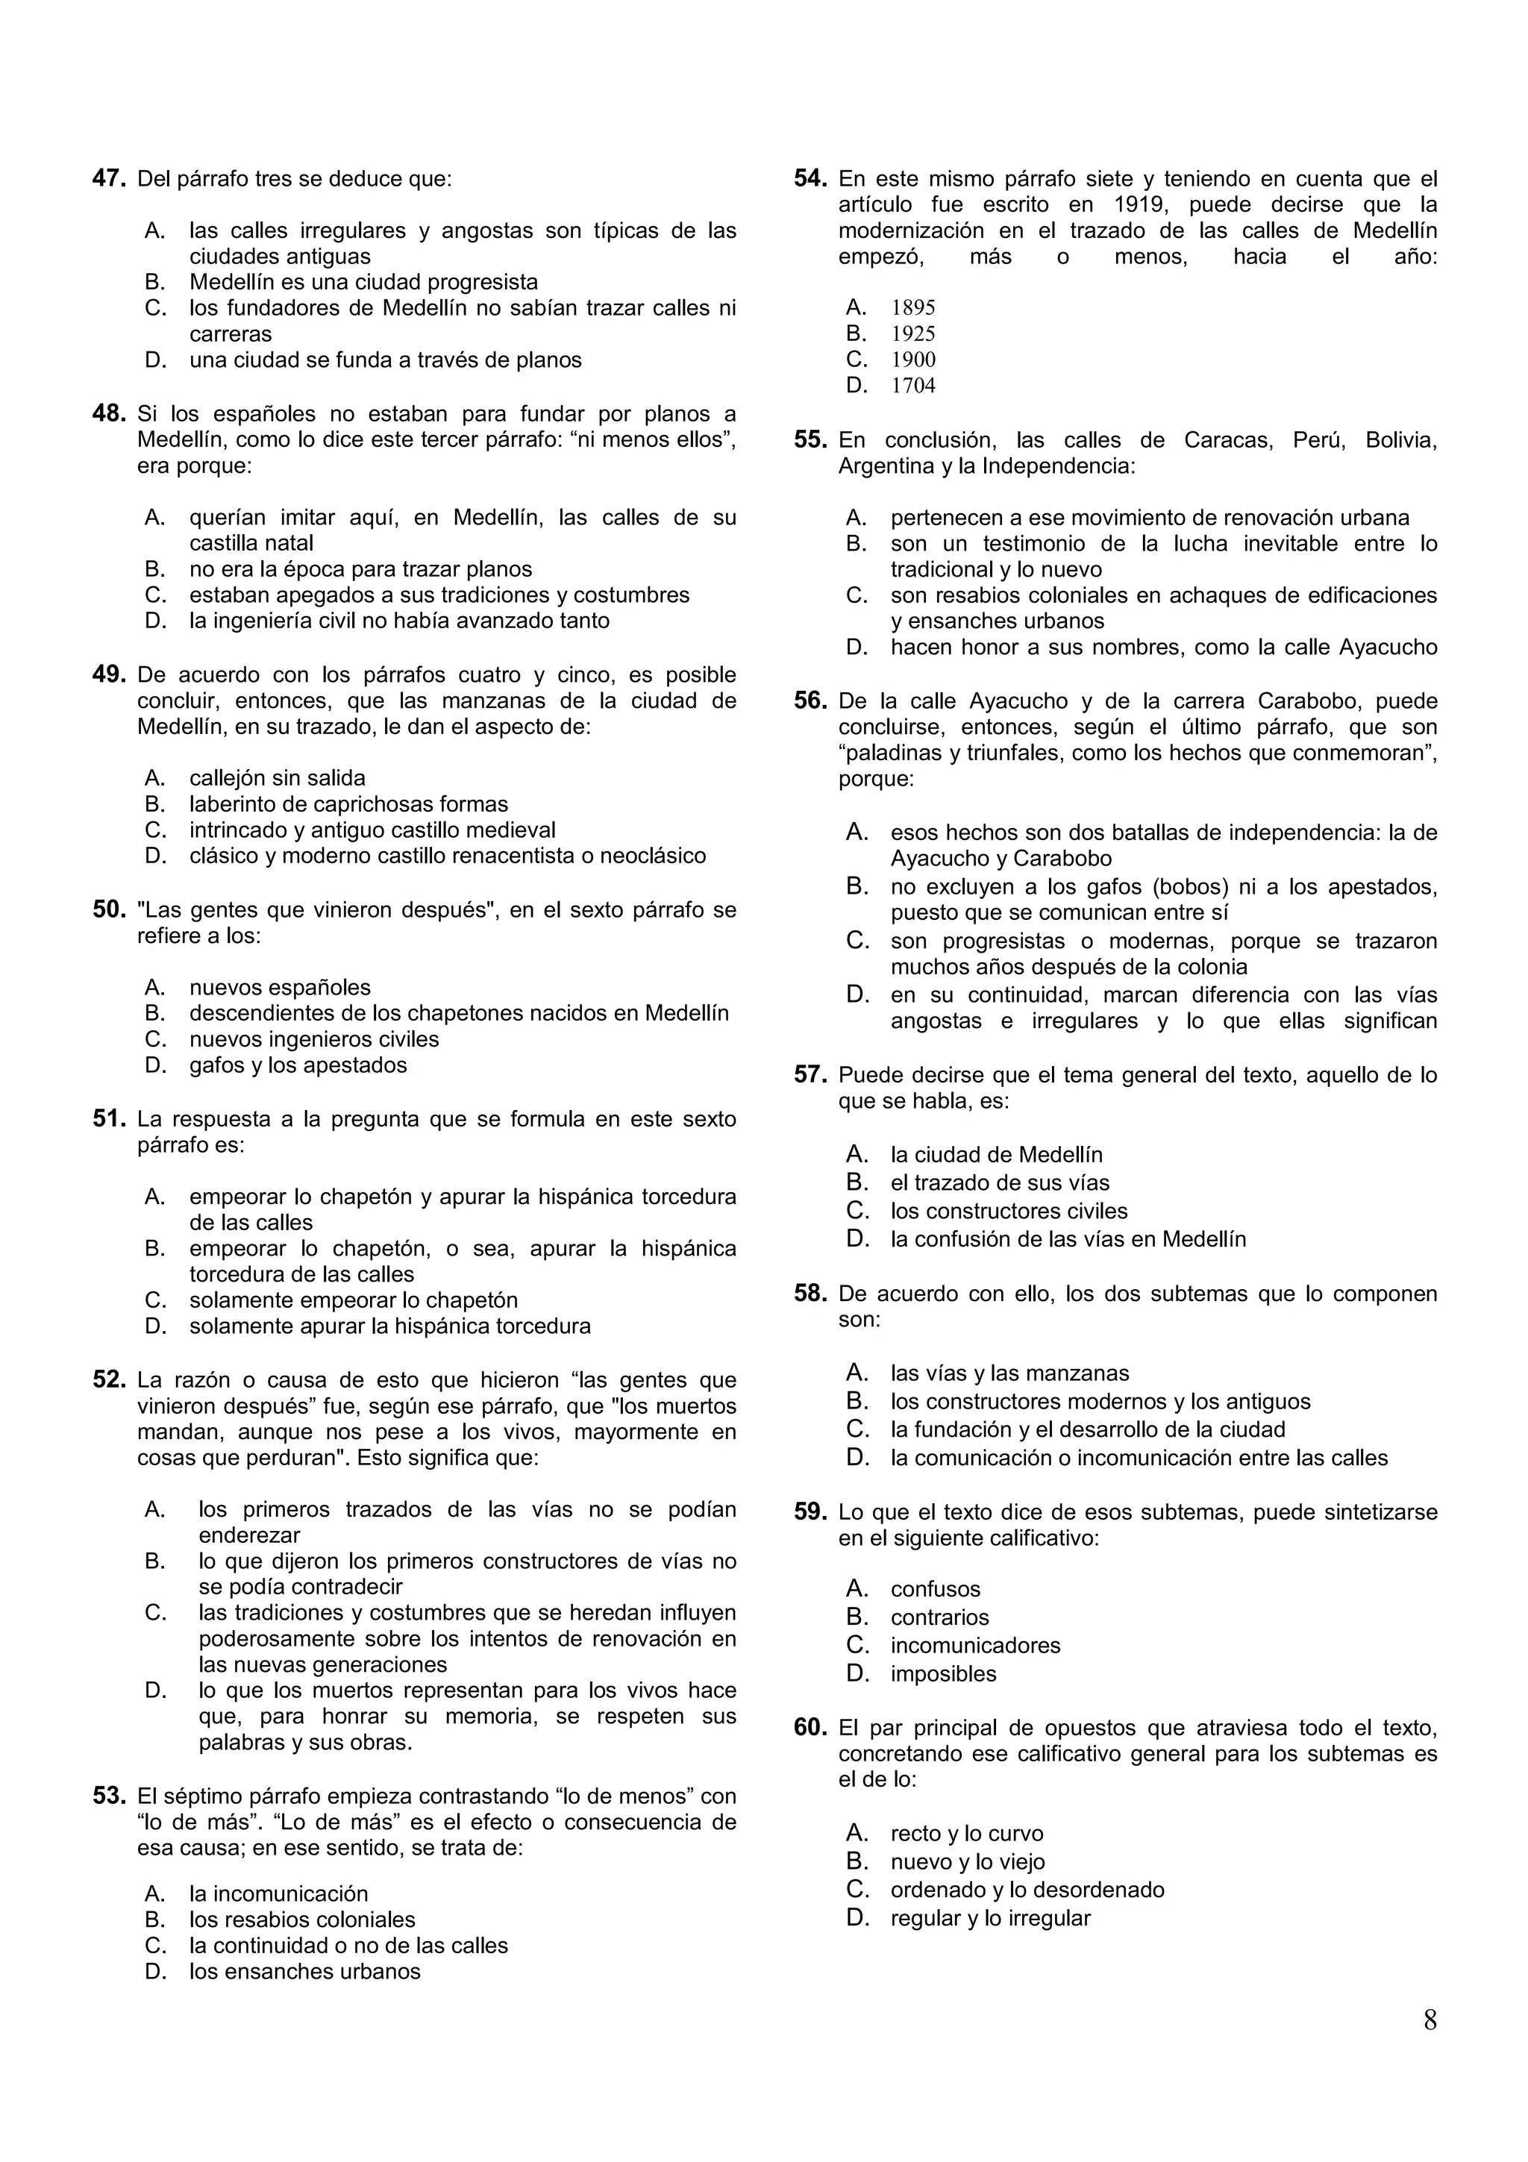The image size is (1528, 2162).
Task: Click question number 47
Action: tap(108, 178)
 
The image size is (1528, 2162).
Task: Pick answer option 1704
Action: tap(912, 385)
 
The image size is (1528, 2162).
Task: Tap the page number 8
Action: tap(1430, 2021)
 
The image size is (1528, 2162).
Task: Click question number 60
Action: tap(810, 1728)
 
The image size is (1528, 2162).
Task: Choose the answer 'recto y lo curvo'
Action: tap(967, 1833)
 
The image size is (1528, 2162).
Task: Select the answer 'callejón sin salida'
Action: tap(277, 778)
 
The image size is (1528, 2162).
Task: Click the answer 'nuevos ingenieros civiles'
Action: tap(313, 1038)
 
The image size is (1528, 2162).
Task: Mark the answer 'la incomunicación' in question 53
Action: tap(279, 1893)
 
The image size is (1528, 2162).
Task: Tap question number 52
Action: tap(108, 1379)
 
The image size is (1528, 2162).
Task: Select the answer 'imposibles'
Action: tap(942, 1673)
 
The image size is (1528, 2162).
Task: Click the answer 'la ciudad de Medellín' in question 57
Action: tap(996, 1154)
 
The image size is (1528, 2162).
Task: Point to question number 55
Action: tap(810, 439)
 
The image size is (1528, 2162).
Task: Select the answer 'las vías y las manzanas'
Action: tap(1009, 1373)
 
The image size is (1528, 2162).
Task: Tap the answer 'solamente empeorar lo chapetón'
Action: tap(353, 1300)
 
